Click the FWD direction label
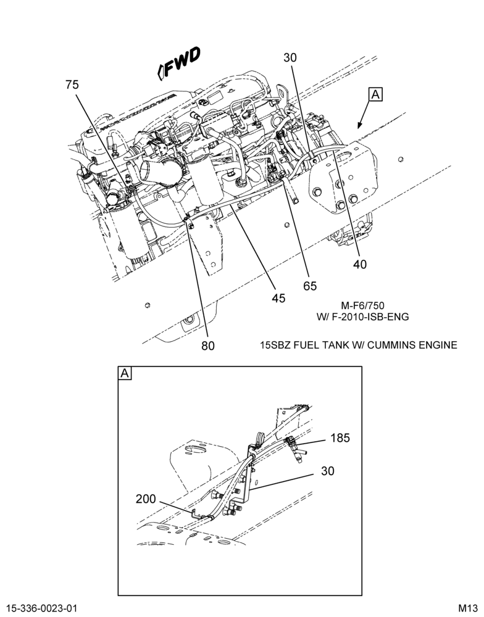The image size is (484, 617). click(x=179, y=63)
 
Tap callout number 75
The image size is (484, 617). click(x=72, y=85)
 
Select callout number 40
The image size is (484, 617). click(x=359, y=264)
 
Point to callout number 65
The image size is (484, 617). click(x=310, y=286)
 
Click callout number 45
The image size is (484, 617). click(x=278, y=298)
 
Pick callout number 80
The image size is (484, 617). click(x=208, y=346)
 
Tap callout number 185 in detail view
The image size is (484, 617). click(x=340, y=437)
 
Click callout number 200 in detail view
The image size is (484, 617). click(x=146, y=499)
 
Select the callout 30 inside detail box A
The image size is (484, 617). click(x=327, y=471)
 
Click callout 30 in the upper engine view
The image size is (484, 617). click(x=290, y=58)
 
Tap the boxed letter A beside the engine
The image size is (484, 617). click(x=376, y=95)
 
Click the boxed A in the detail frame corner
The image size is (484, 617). click(x=125, y=373)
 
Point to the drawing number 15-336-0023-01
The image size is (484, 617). click(x=42, y=608)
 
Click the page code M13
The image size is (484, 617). click(x=467, y=608)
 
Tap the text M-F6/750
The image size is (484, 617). click(x=363, y=305)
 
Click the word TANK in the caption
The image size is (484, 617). click(x=335, y=345)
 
